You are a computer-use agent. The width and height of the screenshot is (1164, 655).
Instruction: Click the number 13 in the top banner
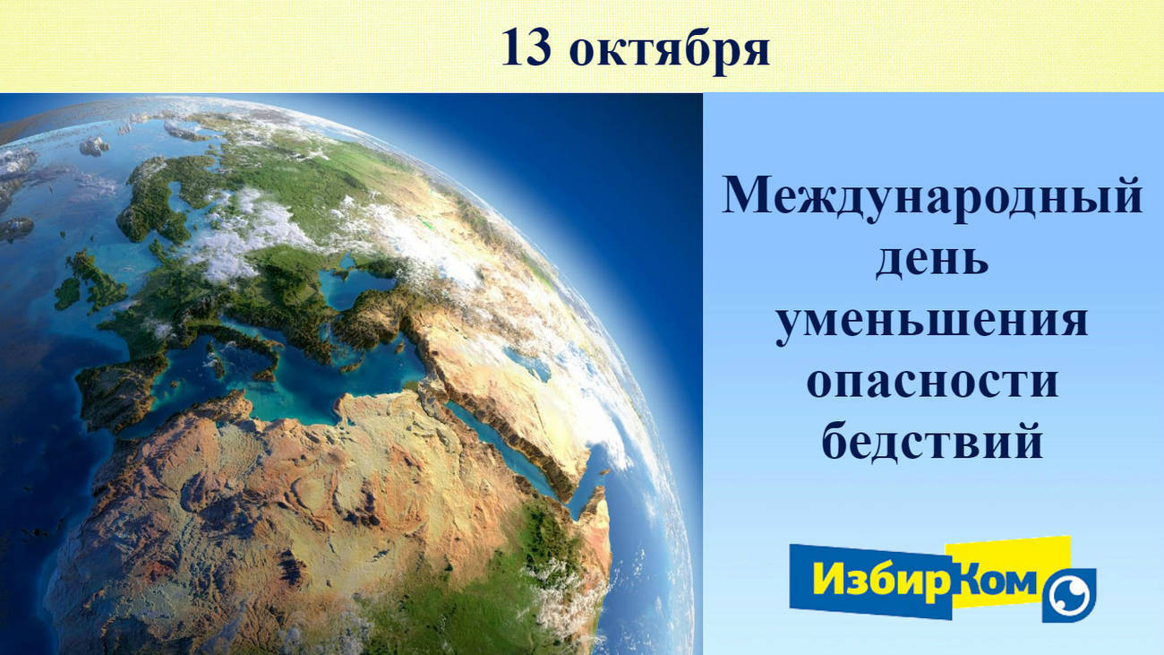point(526,47)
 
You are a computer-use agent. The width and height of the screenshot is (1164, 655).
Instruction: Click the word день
point(932,260)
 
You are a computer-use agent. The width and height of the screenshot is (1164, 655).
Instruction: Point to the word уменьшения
point(932,323)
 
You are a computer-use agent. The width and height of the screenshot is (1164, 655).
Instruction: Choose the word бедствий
point(932,441)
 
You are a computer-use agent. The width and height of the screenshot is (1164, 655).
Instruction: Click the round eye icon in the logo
point(1068,596)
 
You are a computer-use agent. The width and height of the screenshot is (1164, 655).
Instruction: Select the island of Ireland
point(67,294)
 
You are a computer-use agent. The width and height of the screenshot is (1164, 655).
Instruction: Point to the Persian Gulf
point(603,452)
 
